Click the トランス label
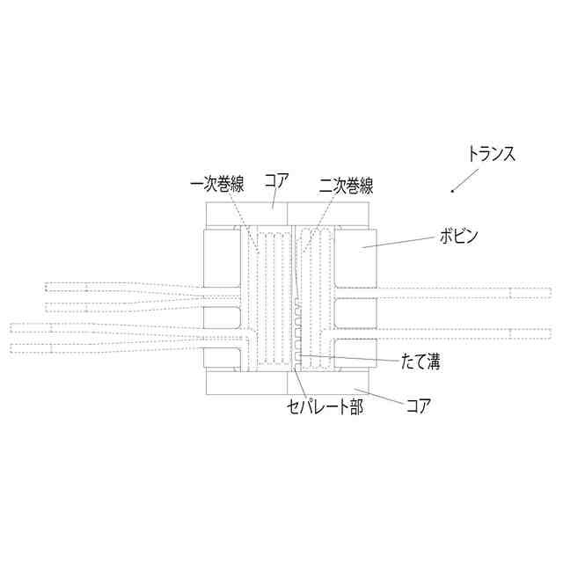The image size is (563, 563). (490, 153)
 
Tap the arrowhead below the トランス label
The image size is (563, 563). (452, 191)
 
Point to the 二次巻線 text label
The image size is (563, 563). (347, 186)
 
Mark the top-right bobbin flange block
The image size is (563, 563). (356, 260)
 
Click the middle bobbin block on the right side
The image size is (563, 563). (356, 315)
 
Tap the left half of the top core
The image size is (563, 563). (246, 214)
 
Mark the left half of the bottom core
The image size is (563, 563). (246, 384)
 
